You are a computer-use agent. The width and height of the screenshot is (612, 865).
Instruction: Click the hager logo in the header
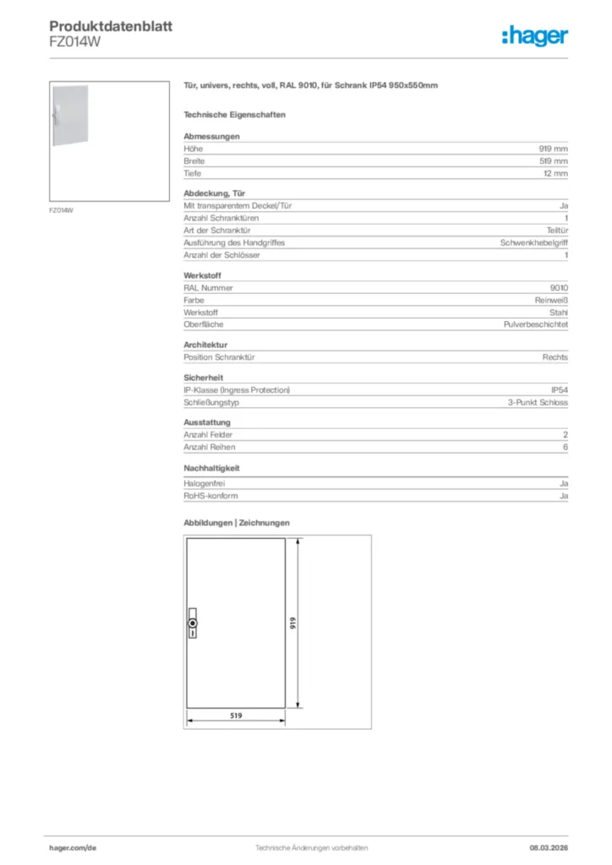click(534, 35)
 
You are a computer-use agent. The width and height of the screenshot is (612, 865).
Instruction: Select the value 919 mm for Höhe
click(554, 148)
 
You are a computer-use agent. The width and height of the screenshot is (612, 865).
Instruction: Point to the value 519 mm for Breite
click(554, 160)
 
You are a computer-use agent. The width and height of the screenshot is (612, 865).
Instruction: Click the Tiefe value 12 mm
click(555, 173)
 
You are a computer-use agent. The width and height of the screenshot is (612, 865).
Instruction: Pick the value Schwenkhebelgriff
click(534, 242)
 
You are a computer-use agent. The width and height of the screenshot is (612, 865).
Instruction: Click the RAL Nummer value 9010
click(559, 287)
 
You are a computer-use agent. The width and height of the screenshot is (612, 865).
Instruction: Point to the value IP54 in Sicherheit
click(560, 390)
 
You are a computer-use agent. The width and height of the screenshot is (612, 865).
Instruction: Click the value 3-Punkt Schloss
click(538, 403)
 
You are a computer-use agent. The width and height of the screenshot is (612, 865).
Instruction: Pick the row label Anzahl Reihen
click(210, 447)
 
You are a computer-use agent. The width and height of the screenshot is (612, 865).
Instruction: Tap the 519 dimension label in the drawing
click(236, 715)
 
